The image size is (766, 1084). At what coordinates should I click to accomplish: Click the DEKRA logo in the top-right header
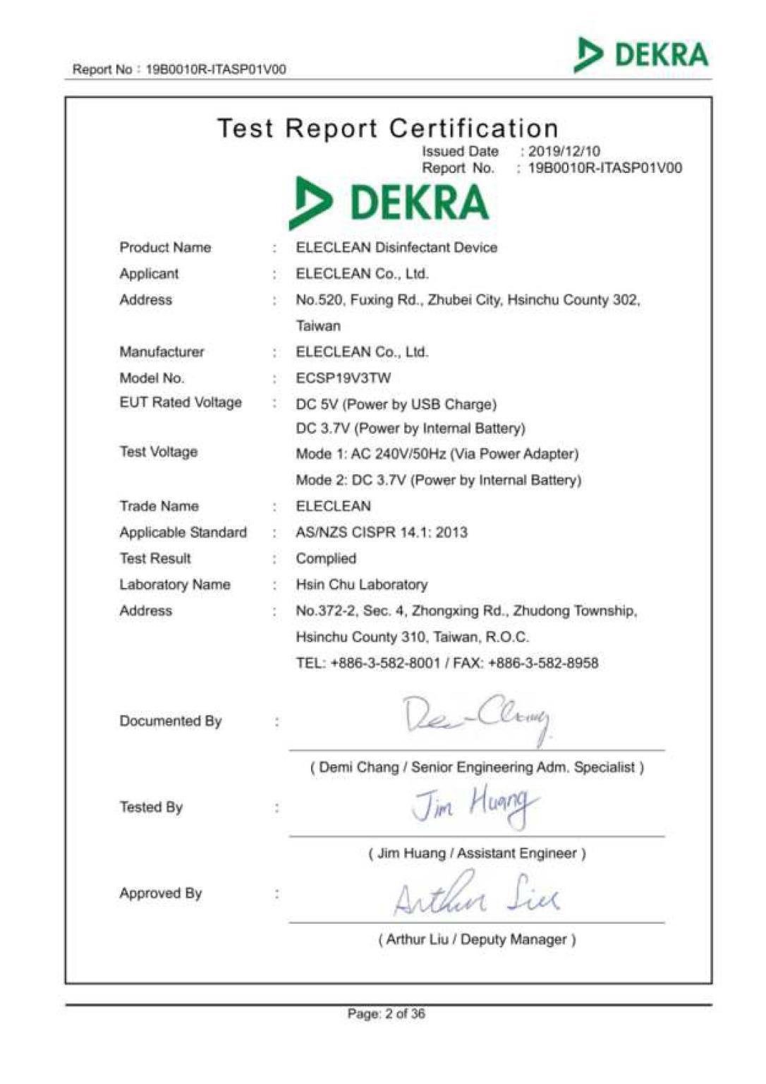click(642, 55)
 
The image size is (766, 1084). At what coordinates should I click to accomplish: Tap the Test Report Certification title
click(388, 128)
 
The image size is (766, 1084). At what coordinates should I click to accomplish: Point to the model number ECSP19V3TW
click(344, 378)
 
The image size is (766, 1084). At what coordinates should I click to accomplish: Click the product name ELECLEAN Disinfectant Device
click(396, 248)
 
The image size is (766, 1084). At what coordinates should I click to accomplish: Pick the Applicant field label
click(149, 274)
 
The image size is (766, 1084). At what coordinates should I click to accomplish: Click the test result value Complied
click(326, 558)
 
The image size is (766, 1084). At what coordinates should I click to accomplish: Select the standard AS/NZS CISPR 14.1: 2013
click(382, 532)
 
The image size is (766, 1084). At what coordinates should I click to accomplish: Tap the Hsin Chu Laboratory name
click(362, 584)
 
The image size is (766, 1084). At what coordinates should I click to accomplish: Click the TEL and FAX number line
click(447, 663)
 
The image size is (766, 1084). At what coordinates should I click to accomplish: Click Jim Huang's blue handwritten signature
click(475, 807)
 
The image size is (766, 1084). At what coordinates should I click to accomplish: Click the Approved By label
click(161, 893)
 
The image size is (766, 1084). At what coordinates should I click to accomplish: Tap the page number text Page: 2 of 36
click(387, 1014)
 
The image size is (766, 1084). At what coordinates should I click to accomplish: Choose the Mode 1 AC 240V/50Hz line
click(437, 454)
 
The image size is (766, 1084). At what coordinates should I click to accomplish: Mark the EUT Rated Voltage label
click(181, 402)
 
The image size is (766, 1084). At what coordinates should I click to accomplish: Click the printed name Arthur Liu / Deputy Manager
click(478, 939)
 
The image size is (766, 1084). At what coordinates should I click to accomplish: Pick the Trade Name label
click(159, 506)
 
